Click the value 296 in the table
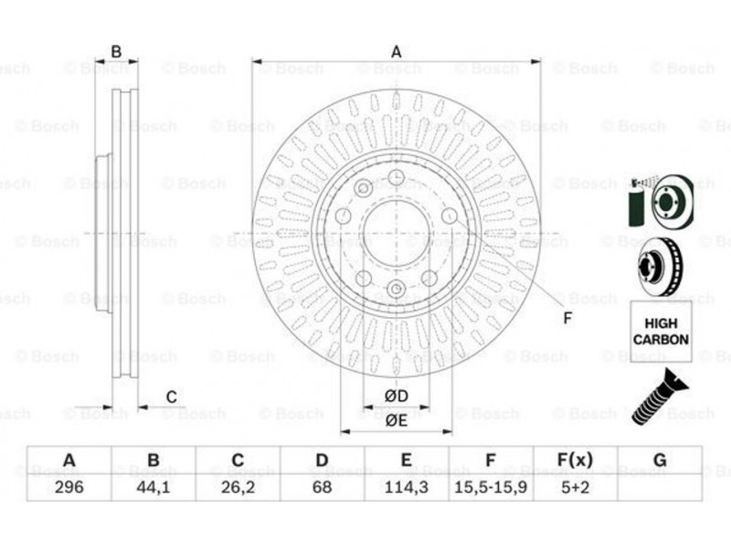pyautogui.click(x=69, y=487)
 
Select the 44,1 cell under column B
pyautogui.click(x=154, y=487)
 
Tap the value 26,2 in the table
pyautogui.click(x=238, y=487)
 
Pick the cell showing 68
pyautogui.click(x=323, y=487)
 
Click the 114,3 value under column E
pyautogui.click(x=406, y=487)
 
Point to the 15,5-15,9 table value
pyautogui.click(x=491, y=487)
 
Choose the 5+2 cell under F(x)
pyautogui.click(x=576, y=487)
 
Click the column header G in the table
pyautogui.click(x=660, y=460)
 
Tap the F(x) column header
pyautogui.click(x=576, y=460)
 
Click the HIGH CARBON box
pyautogui.click(x=661, y=332)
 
